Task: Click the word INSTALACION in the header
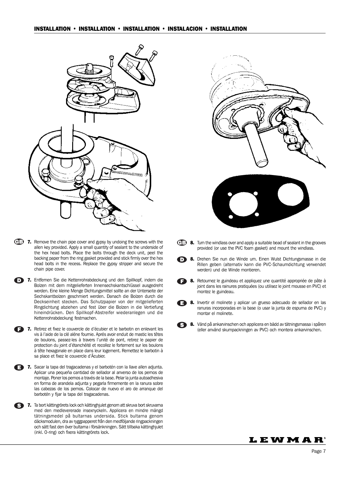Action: [185, 29]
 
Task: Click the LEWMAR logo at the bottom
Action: [287, 440]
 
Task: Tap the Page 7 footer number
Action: [319, 451]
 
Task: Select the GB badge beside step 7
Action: [19, 242]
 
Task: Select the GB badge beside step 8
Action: [182, 242]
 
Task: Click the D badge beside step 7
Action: [19, 280]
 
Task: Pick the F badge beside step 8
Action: [182, 281]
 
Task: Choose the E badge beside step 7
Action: [19, 367]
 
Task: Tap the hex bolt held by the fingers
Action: [79, 182]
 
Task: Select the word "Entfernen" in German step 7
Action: [42, 280]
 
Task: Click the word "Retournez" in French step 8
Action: [206, 281]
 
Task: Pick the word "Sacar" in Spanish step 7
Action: [39, 367]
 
